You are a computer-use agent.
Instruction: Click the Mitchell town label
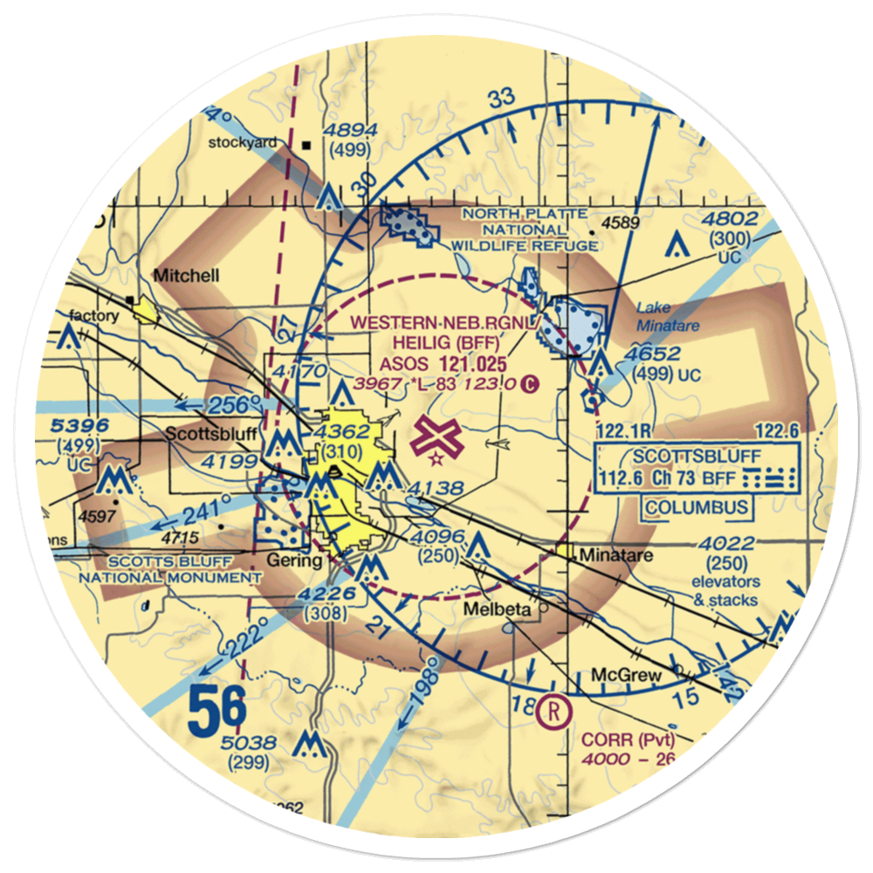(187, 276)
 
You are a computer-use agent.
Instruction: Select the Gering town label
(295, 560)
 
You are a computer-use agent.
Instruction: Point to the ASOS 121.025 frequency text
(443, 361)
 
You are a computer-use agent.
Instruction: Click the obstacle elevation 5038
(251, 743)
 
